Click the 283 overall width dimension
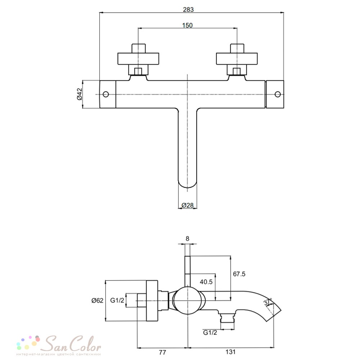[x=188, y=10]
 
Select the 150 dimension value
[x=187, y=25]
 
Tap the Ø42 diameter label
[x=80, y=94]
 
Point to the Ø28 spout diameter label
[x=188, y=205]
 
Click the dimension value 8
[x=187, y=239]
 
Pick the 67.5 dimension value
[x=239, y=274]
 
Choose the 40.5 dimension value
[x=206, y=282]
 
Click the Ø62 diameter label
[x=97, y=300]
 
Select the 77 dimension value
[x=162, y=352]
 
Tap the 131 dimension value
[x=230, y=352]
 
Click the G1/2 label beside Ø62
[x=117, y=300]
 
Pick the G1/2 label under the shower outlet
[x=210, y=332]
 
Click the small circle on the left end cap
[x=105, y=94]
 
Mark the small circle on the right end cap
[x=278, y=94]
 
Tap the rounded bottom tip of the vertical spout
[x=188, y=188]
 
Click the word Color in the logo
[x=85, y=344]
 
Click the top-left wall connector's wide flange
[x=138, y=59]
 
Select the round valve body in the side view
[x=188, y=301]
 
